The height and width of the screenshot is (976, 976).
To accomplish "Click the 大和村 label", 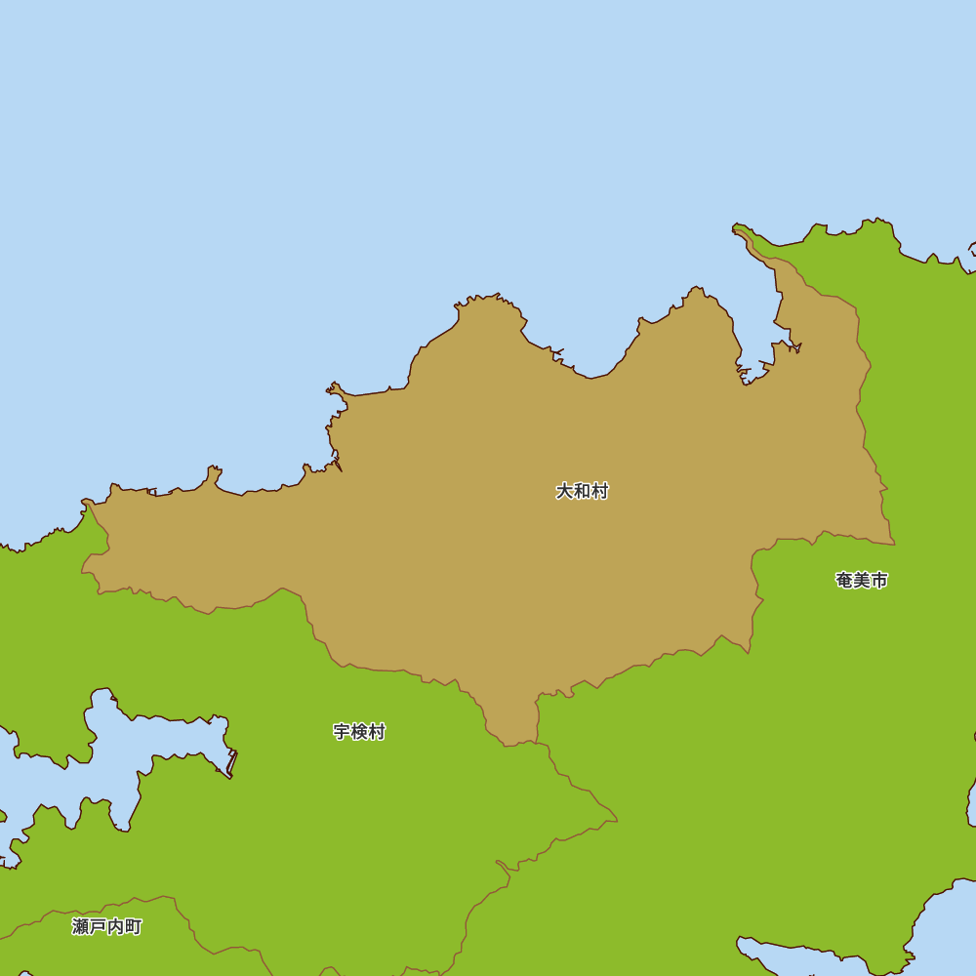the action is (582, 491).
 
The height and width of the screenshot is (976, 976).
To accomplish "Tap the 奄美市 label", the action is (862, 580).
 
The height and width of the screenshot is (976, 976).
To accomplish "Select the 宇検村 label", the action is (359, 731).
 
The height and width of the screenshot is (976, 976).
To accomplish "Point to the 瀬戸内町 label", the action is (106, 926).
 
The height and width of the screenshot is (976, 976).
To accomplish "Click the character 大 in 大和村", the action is (564, 491).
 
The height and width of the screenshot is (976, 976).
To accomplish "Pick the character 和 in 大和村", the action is (582, 491).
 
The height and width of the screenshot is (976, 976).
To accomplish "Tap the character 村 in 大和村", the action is (599, 491).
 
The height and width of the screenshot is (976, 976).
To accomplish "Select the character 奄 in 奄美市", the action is (844, 580).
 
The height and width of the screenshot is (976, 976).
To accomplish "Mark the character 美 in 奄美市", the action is (862, 580).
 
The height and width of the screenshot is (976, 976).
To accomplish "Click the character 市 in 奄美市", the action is (879, 580).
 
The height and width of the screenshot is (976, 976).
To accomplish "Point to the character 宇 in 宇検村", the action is (342, 731).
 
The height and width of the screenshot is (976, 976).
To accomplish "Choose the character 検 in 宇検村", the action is (359, 731).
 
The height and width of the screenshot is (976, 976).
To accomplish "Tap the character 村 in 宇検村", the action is (377, 731).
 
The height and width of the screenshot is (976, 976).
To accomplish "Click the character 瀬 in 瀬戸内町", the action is (80, 926).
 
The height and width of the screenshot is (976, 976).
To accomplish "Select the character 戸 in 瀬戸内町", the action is (98, 926).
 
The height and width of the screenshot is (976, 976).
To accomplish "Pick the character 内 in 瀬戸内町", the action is (115, 926).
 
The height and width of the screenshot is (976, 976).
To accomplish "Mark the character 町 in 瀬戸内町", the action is (133, 926).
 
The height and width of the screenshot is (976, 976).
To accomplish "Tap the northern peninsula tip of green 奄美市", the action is (742, 230).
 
